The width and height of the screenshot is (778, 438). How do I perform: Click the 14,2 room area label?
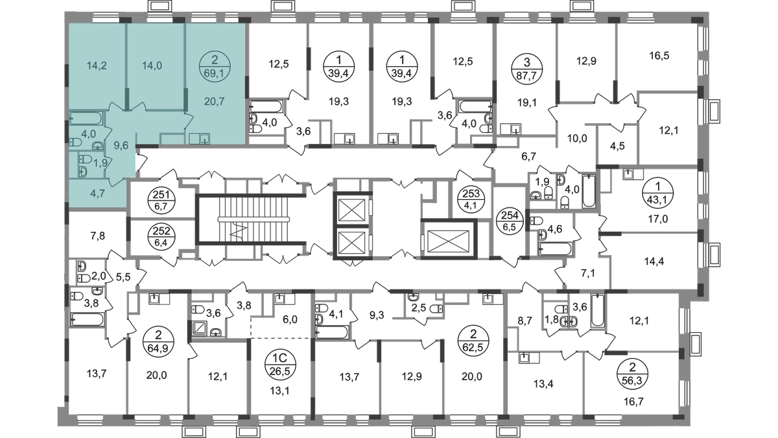click(95, 64)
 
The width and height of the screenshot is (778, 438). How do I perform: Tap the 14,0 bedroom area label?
click(156, 64)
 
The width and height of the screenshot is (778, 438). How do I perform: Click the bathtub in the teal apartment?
click(85, 119)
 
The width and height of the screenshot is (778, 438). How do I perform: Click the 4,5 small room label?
click(614, 146)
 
